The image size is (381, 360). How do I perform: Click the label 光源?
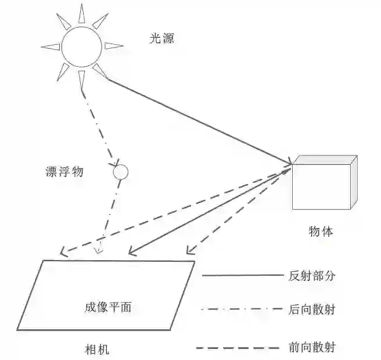click(161, 39)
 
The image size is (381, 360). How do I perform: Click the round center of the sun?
click(82, 46)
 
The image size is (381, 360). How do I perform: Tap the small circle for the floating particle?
click(120, 171)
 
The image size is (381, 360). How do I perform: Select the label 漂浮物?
click(64, 172)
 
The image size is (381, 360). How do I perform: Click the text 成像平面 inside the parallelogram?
click(108, 307)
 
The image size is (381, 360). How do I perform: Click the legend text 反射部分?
click(312, 276)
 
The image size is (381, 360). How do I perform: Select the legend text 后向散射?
click(312, 309)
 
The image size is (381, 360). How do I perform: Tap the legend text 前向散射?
click(312, 347)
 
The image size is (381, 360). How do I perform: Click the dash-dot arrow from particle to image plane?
click(109, 215)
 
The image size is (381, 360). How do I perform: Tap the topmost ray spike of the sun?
click(81, 12)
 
